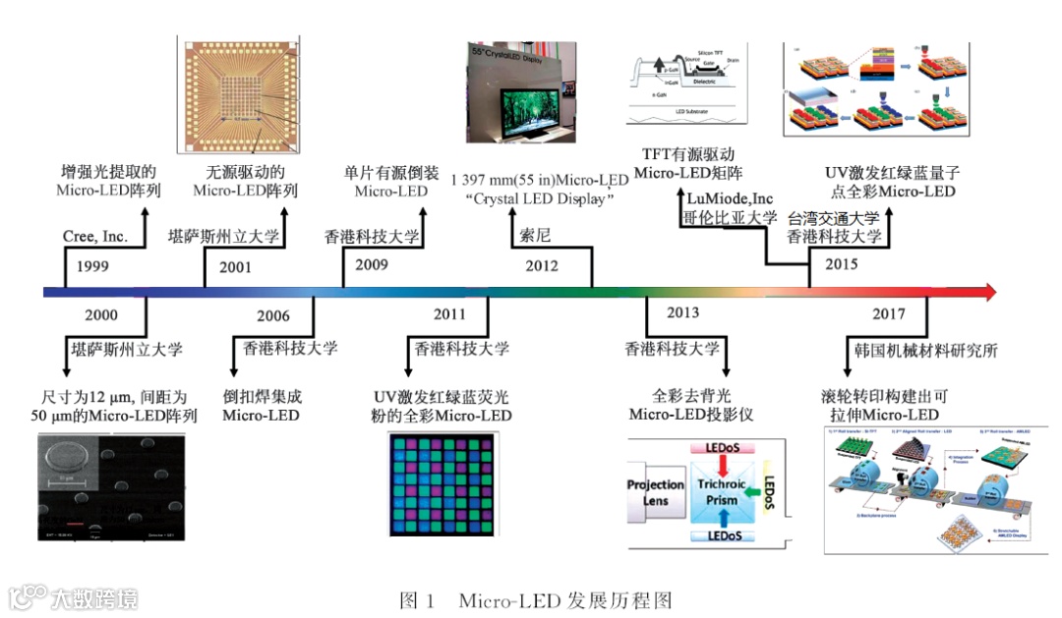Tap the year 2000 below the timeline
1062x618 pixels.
click(x=101, y=315)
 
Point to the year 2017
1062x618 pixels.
click(x=888, y=314)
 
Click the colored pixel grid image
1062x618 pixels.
click(x=449, y=484)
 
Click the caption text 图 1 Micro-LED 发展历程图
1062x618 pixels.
click(x=535, y=598)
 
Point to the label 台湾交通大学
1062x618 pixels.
click(x=835, y=218)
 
